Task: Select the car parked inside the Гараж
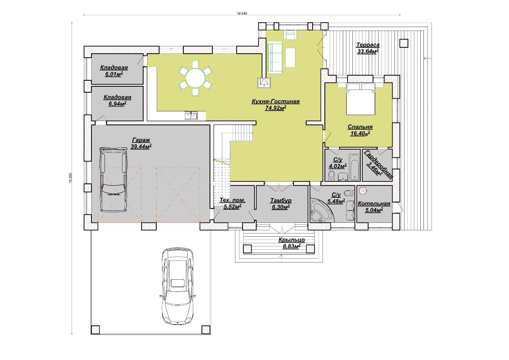pos(114,179)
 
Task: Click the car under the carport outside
pos(177,287)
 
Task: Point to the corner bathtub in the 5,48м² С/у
pos(321,210)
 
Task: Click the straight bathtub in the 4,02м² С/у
pos(354,167)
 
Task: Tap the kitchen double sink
pos(191,116)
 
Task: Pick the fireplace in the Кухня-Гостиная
pos(264,82)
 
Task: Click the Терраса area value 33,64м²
pos(368,51)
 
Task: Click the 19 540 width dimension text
pos(242,14)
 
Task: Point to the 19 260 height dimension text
pos(70,178)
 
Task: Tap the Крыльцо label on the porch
pos(292,240)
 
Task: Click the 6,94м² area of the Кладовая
pos(117,104)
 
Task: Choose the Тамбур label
pos(281,200)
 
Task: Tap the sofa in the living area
pos(275,57)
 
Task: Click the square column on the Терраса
pos(404,43)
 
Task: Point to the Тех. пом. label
pos(233,200)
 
